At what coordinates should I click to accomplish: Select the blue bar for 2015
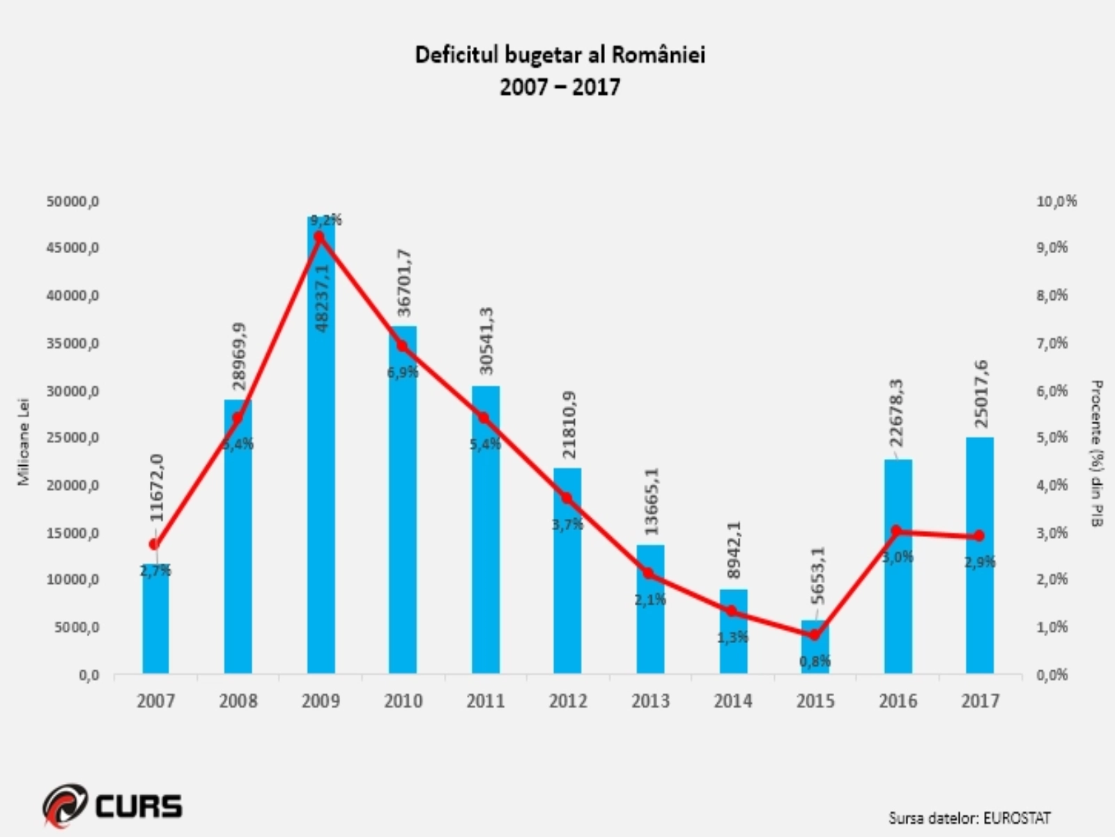[x=815, y=649]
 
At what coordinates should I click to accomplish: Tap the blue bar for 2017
[x=980, y=558]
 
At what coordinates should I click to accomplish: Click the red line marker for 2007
[x=155, y=544]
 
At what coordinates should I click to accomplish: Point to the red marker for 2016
[x=897, y=531]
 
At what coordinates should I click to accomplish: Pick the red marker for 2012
[x=567, y=498]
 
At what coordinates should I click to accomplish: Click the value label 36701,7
[x=404, y=283]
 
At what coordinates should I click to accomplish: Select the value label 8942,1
[x=734, y=550]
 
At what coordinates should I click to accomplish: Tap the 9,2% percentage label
[x=326, y=220]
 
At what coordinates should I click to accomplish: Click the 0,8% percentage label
[x=815, y=661]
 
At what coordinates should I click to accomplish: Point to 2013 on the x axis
[x=650, y=700]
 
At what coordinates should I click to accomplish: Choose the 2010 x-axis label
[x=403, y=700]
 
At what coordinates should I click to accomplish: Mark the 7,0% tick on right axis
[x=1052, y=343]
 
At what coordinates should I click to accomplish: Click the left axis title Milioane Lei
[x=24, y=442]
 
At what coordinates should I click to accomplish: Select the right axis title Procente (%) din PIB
[x=1096, y=453]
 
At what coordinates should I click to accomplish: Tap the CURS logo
[x=114, y=806]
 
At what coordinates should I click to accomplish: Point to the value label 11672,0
[x=157, y=488]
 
